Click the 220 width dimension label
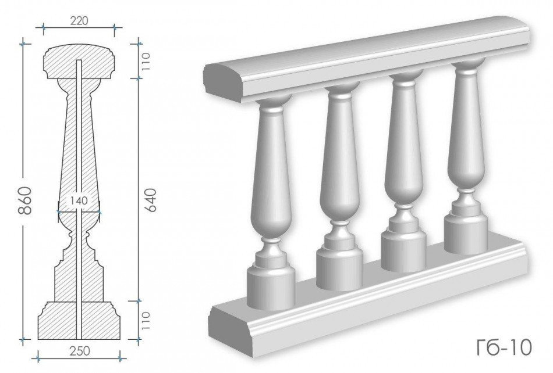[x=79, y=21]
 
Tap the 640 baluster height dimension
[x=150, y=200]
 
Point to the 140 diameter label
[x=79, y=201]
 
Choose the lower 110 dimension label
[x=146, y=320]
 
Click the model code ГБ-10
[x=504, y=348]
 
